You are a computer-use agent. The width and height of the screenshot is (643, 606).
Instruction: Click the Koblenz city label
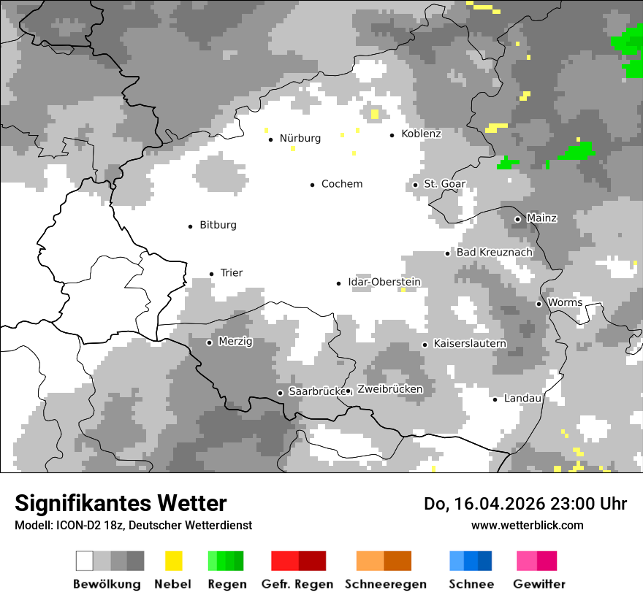pos(421,134)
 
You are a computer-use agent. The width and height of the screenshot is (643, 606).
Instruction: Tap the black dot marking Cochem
pos(313,185)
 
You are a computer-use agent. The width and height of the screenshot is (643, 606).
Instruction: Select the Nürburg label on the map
pos(300,139)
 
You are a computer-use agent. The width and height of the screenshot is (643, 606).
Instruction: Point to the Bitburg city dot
pos(191,226)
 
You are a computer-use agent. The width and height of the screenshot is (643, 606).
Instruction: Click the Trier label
pos(232,273)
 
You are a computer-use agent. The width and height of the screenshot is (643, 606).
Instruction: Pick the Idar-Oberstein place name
pos(384,283)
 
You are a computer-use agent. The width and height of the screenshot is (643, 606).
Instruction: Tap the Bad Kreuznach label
pos(494,253)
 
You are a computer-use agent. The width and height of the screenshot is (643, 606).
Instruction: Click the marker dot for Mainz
pos(517,219)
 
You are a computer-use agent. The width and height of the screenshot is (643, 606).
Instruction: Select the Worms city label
pos(565,303)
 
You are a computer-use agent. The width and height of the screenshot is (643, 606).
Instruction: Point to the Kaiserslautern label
pos(470,344)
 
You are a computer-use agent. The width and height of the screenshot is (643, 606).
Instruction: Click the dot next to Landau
pos(495,399)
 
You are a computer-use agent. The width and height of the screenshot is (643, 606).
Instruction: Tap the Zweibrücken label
pos(389,390)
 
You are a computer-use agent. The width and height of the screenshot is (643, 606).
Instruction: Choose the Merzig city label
pos(235,342)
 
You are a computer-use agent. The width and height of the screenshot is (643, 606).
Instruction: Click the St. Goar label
pos(445,184)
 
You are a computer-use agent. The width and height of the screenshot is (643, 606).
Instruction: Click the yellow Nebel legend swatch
pos(173,561)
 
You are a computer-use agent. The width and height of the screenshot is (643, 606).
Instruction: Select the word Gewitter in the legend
pos(539,584)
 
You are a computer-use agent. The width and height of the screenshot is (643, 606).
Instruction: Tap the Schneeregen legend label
pos(386,584)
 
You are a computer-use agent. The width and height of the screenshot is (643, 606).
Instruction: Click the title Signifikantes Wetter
pos(121,503)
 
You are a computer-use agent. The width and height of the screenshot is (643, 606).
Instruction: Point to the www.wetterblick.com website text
pos(527,525)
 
